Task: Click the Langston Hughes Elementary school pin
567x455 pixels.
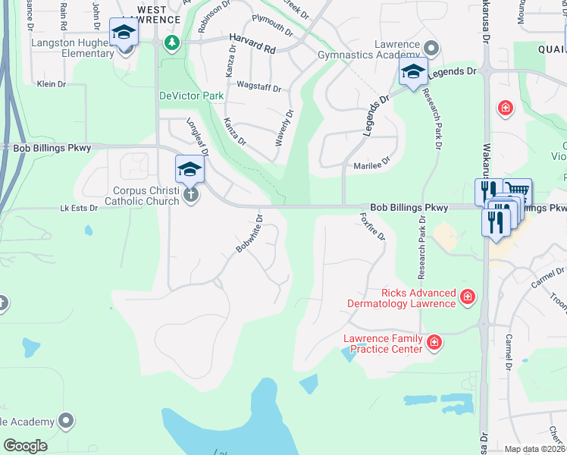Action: [x=124, y=34]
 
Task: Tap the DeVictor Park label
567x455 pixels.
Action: [x=191, y=96]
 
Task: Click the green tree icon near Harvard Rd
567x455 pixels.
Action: [x=173, y=42]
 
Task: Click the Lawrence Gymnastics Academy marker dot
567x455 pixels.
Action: [x=431, y=49]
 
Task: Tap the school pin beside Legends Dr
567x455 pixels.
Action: [x=413, y=74]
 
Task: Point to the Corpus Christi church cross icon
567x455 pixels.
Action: [x=191, y=195]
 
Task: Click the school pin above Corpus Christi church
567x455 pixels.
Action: [x=190, y=171]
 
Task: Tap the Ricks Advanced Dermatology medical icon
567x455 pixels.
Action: [x=468, y=297]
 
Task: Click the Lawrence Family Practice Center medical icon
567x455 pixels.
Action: [x=434, y=344]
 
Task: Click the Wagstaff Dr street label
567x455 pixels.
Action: [x=258, y=86]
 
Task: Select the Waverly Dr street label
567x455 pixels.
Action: [x=284, y=128]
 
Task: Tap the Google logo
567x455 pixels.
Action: [x=25, y=445]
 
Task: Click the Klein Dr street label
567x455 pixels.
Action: [x=52, y=84]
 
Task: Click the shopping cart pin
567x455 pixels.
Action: [x=517, y=190]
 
